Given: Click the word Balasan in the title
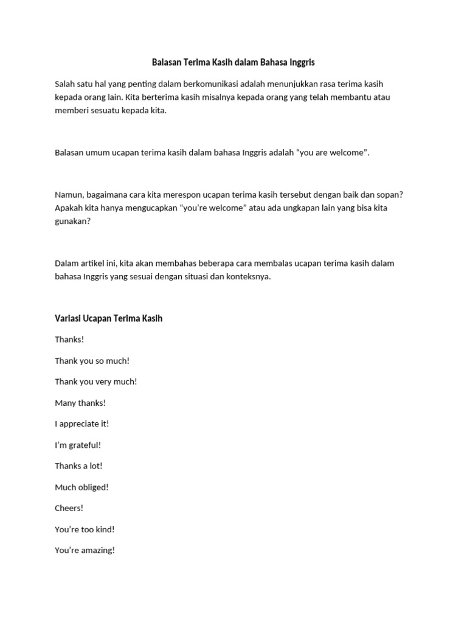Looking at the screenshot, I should (166, 62).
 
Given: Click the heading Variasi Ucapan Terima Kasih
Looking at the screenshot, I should (109, 318).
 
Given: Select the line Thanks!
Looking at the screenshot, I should (69, 339).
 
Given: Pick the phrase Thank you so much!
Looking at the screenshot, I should (92, 361).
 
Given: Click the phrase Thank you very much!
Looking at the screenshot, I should (96, 381).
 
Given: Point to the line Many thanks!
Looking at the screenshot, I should (80, 403).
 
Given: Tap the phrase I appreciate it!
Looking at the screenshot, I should (82, 424).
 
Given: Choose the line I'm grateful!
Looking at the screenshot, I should (78, 445).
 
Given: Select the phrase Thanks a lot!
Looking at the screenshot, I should (79, 466).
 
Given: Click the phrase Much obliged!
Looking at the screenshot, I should (82, 487).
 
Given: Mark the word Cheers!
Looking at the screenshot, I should (69, 508).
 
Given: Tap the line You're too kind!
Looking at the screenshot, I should (85, 529).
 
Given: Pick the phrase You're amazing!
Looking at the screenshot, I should (85, 551).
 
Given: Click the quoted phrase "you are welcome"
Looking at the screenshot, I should (331, 153).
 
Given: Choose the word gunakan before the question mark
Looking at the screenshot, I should (71, 221).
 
